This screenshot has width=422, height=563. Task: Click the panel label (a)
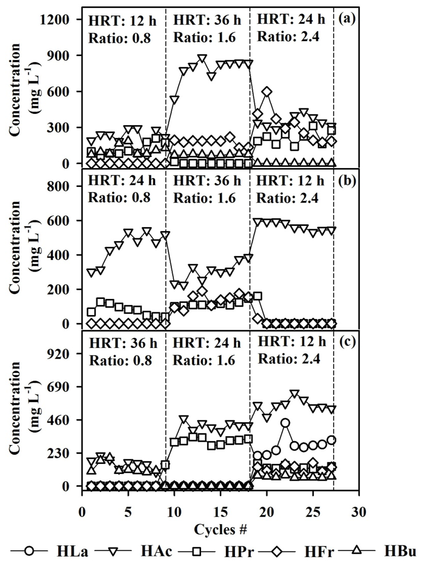coord(347,19)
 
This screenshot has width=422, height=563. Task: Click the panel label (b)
coord(347,181)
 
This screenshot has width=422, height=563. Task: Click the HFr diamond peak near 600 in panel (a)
coord(267,92)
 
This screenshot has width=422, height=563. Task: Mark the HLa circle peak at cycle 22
coord(285,423)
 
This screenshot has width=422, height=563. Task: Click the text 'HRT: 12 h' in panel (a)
coord(120,21)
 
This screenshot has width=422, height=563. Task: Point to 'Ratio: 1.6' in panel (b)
coord(204,198)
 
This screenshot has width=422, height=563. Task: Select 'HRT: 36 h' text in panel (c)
coord(123,343)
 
